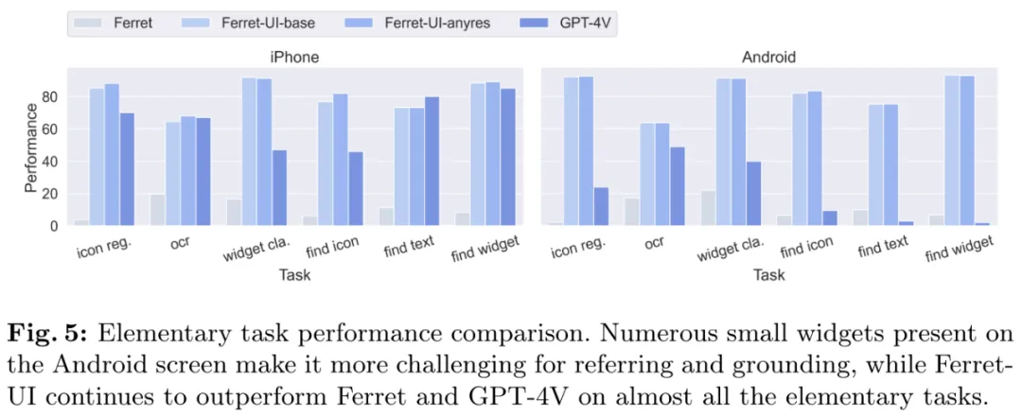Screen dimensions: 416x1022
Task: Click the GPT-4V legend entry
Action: click(578, 21)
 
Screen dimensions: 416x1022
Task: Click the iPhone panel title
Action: click(294, 57)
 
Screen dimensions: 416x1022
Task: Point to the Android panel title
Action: click(769, 57)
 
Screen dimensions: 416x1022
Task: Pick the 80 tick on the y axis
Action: click(51, 96)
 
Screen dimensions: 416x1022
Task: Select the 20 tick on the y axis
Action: click(51, 194)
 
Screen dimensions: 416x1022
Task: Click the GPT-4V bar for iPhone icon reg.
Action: click(127, 169)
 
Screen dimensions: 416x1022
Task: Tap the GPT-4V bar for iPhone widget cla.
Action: click(279, 187)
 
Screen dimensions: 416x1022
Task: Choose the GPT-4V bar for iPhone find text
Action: click(432, 161)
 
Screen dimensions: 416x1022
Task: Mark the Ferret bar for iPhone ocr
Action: click(157, 210)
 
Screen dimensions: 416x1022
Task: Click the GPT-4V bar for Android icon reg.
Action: click(601, 206)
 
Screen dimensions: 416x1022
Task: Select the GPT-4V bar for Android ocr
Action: click(678, 186)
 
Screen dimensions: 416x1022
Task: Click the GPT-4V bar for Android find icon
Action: click(830, 218)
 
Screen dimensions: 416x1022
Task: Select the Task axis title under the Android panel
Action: click(769, 275)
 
